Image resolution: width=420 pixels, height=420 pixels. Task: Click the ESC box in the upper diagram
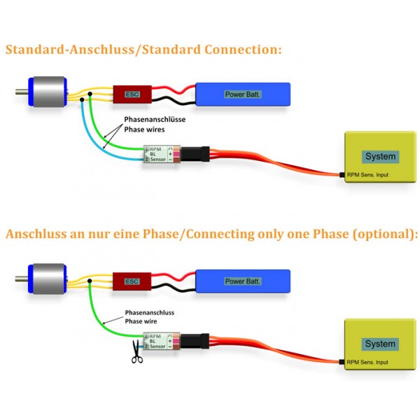131,94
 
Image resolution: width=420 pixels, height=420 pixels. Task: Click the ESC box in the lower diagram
131,281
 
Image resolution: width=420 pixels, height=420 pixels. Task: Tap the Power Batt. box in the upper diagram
242,94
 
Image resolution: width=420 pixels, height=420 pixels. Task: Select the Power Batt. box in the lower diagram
242,281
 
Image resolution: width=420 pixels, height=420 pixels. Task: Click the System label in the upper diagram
381,157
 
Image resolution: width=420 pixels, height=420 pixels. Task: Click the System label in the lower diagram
381,344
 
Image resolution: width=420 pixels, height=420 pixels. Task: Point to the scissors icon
136,356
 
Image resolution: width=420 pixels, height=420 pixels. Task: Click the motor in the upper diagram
45,93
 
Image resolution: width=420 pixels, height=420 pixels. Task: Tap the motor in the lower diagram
45,280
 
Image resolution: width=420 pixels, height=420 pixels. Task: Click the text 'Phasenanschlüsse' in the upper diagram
155,120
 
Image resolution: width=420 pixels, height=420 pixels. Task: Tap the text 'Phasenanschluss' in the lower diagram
149,312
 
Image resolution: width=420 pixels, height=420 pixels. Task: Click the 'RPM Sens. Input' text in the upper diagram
368,174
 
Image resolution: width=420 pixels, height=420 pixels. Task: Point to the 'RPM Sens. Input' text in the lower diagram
368,362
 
